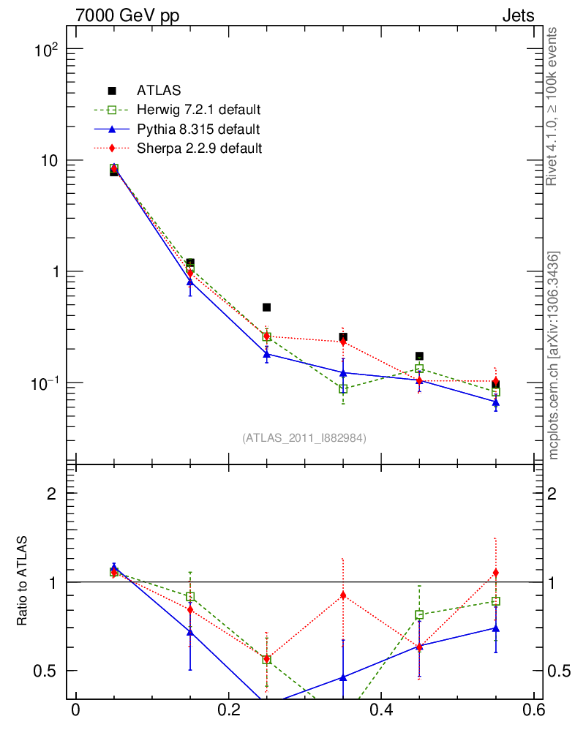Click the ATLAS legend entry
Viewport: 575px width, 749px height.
point(158,91)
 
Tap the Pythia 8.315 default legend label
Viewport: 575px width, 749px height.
point(198,129)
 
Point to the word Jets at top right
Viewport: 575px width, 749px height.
point(517,16)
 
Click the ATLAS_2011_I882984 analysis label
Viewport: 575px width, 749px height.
point(304,437)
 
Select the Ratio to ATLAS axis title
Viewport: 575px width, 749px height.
point(23,581)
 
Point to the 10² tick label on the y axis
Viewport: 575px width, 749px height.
point(45,50)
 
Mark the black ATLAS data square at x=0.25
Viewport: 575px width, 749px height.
point(267,307)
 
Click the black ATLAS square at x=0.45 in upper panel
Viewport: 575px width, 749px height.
point(419,356)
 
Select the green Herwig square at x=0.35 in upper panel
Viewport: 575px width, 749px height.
point(343,389)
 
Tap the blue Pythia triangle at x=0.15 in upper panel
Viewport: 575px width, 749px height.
point(190,282)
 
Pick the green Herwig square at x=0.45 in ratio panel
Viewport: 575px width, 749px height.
point(419,615)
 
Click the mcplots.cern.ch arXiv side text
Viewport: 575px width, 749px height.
point(554,355)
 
